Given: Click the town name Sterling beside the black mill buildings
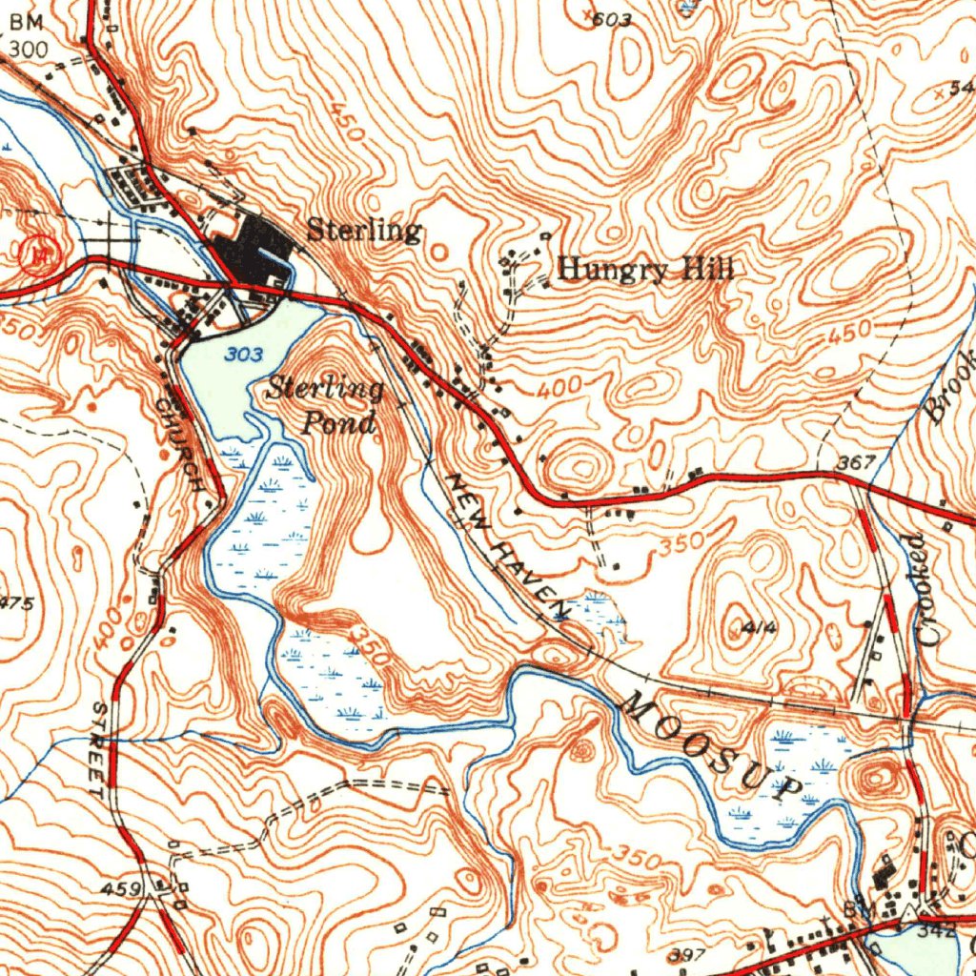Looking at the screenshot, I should pos(363,231).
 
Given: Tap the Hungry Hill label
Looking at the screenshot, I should pos(645,270).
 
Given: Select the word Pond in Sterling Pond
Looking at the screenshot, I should pos(338,422).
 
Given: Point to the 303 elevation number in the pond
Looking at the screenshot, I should pos(245,355).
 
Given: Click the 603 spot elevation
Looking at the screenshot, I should pos(612,19).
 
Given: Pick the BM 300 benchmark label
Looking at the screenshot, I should pos(27,35).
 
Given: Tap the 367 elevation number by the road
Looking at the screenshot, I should pos(856,463).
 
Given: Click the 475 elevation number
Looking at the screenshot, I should pos(16,602).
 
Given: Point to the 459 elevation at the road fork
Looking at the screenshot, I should pos(123,889).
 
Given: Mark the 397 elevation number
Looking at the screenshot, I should pos(685,955).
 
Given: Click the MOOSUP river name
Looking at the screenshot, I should pos(711,747).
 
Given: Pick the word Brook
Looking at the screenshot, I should pos(950,385).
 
